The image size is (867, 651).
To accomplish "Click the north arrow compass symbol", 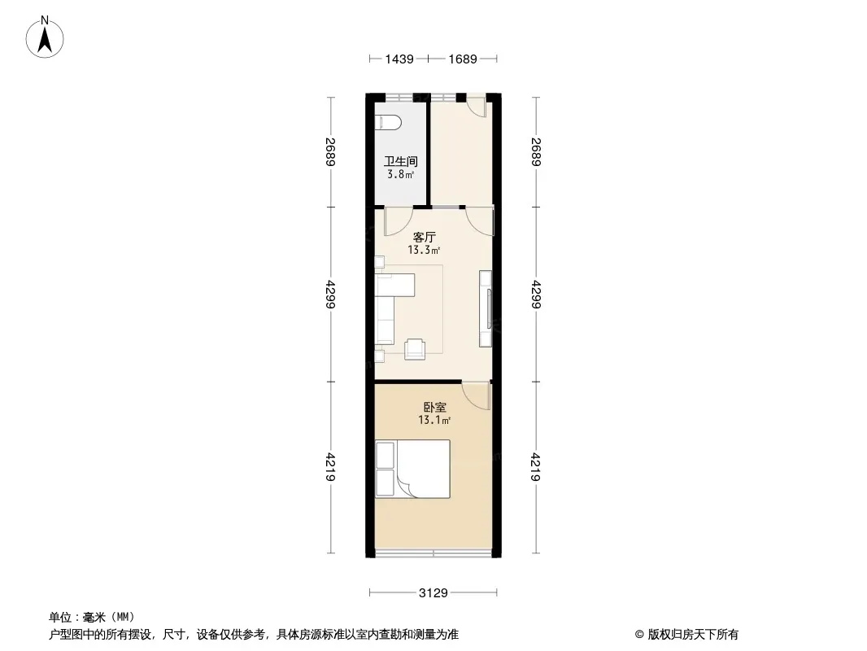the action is pos(45,37).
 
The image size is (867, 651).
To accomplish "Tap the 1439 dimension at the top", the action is pos(399,59).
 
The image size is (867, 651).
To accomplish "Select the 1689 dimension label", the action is pos(462,59).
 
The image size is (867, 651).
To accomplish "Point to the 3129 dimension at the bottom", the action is pos(433,593).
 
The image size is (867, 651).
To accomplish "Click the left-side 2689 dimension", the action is pos(331,151).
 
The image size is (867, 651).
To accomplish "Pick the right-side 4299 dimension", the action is pos(536,295).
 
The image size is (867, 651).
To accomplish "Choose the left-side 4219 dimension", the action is pos(331,467).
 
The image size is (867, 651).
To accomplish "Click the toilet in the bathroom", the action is pos(388,122).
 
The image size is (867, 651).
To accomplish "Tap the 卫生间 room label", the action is pos(401,161).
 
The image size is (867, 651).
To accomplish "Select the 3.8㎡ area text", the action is pos(401,175).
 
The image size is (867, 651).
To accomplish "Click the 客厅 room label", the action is pos(424,238).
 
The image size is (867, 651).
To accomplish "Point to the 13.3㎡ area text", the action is pos(424,250).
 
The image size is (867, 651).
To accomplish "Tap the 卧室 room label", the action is pos(434,407).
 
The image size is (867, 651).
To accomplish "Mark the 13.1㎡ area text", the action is pos(434,420).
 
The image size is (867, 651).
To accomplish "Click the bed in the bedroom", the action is pos(412,469).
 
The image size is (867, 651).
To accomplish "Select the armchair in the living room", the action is pos(415,349).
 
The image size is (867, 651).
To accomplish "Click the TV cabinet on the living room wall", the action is pos(486,308).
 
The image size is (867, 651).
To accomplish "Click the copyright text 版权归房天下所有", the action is pos(693,635).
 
